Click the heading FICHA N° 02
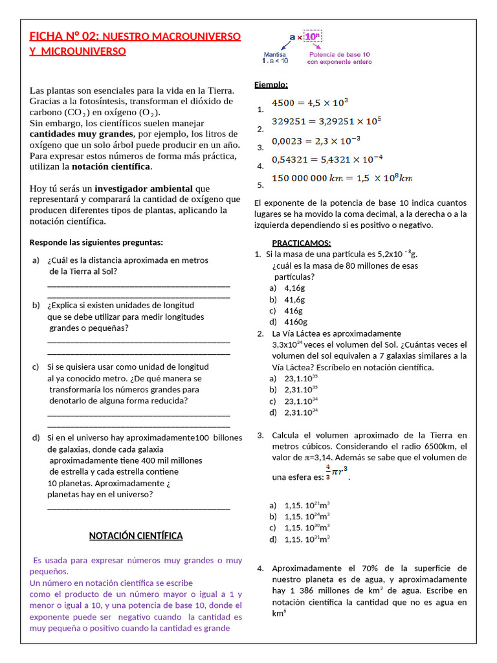[x=65, y=37]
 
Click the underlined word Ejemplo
[x=271, y=85]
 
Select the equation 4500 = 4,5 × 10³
[x=310, y=102]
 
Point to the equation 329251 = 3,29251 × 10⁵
[x=326, y=121]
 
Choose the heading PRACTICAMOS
[x=301, y=243]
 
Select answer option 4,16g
[x=294, y=287]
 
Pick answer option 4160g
[x=296, y=322]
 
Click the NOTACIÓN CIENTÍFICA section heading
[x=135, y=535]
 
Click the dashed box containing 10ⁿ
[x=313, y=38]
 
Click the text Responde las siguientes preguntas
[x=96, y=243]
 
